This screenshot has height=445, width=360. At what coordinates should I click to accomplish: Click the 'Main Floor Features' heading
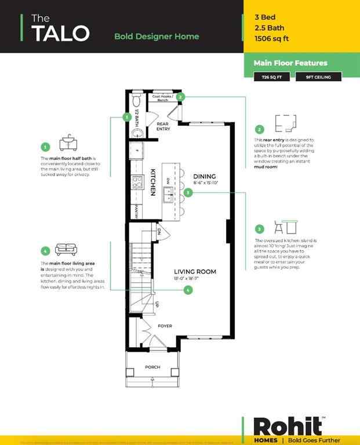[x=290, y=63]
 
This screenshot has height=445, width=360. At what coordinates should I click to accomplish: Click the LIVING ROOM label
[x=196, y=271]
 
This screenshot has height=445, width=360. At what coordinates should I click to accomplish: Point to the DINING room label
[x=204, y=176]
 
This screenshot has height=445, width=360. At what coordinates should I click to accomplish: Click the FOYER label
[x=165, y=326]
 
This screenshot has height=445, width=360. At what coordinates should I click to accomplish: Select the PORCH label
[x=152, y=367]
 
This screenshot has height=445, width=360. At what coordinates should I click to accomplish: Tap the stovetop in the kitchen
[x=138, y=183]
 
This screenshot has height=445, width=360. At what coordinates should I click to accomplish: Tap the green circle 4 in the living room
[x=188, y=290]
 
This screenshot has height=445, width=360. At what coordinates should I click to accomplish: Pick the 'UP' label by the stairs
[x=157, y=303]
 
